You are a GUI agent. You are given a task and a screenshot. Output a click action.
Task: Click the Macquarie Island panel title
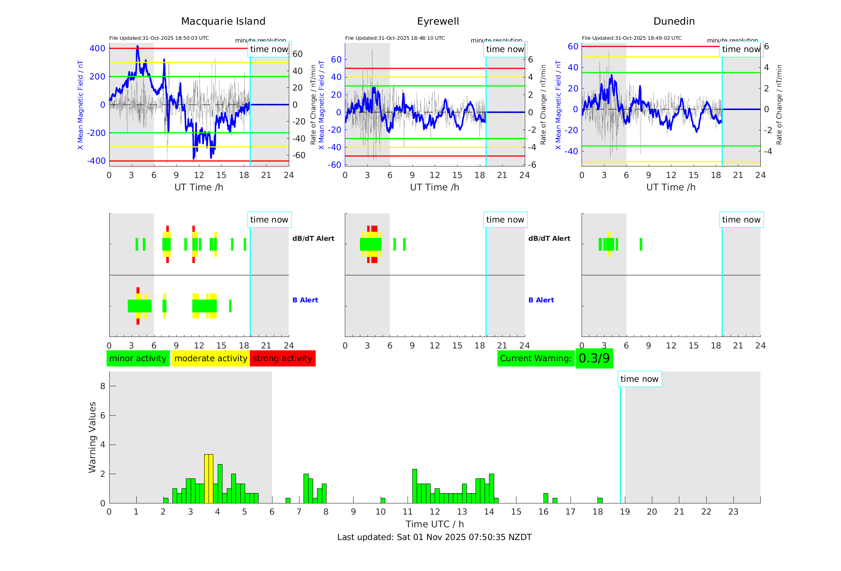coord(223,21)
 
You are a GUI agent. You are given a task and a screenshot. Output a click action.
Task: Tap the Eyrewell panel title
coord(438,21)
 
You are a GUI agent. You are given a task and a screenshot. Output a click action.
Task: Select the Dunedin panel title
coord(674,21)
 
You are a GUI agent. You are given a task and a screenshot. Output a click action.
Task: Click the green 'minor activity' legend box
coord(138,358)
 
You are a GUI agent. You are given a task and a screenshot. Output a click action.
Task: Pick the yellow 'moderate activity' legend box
coord(211,358)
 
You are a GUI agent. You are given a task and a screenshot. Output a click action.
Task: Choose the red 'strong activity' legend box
coord(282,358)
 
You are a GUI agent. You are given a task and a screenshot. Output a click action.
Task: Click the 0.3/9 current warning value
coord(594,358)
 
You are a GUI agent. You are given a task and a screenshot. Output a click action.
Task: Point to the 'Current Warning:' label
coord(536,358)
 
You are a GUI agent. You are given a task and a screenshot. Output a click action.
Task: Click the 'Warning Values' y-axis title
coord(93,437)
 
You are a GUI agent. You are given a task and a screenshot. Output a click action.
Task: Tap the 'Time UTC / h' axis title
coord(435,524)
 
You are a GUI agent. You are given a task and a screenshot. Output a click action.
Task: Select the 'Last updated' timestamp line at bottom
coord(434,537)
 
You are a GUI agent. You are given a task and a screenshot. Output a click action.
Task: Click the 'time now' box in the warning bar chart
coord(639,379)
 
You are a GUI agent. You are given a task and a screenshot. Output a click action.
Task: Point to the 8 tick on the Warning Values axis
coord(102,386)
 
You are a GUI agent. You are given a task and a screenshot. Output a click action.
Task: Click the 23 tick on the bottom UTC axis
coord(733,512)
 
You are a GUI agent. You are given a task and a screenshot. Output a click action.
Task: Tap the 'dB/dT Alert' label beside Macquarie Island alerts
coord(313,238)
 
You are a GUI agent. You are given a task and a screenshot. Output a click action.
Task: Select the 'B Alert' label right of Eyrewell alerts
coord(541,300)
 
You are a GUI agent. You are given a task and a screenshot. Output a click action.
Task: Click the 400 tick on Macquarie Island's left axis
coord(97,48)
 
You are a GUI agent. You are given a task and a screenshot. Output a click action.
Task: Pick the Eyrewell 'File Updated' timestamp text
coord(395,38)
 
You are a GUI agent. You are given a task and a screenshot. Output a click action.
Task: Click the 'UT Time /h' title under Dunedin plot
coord(671,187)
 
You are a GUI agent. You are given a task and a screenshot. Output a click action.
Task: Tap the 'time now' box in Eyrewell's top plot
coord(505,49)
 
